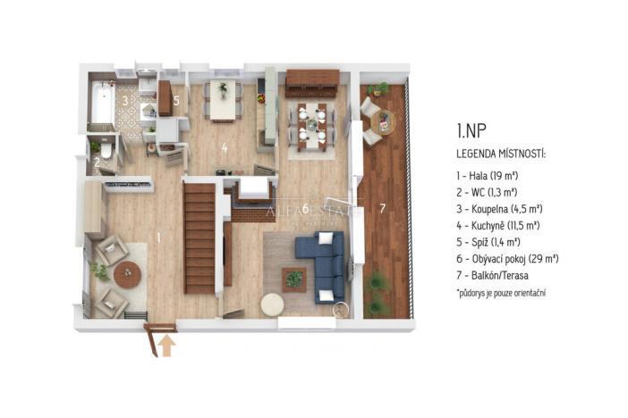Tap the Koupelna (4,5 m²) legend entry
click(x=500, y=209)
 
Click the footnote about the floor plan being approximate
click(x=500, y=292)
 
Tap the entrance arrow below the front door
click(x=167, y=345)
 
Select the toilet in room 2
click(x=106, y=153)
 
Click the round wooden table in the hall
click(x=127, y=275)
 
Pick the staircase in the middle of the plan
click(x=199, y=238)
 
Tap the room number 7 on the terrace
click(x=382, y=209)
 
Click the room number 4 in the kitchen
click(x=225, y=147)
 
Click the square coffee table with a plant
click(x=293, y=278)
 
